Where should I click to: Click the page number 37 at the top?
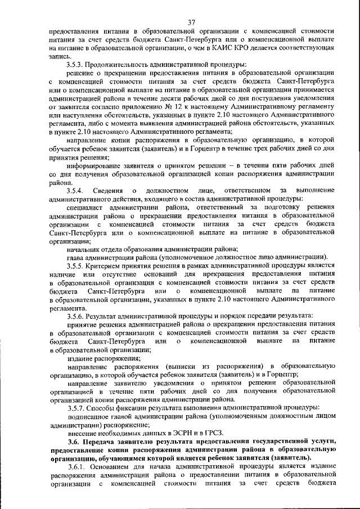pos(191,22)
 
